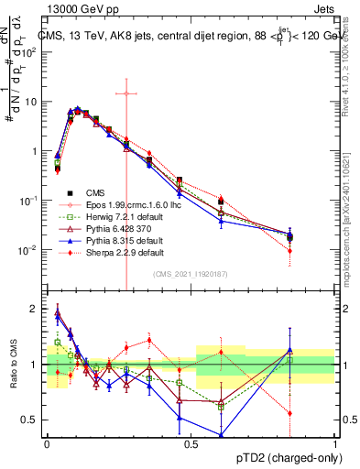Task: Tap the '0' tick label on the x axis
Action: [46, 443]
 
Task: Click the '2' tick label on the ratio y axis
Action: [34, 309]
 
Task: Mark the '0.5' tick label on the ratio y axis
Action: [30, 420]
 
